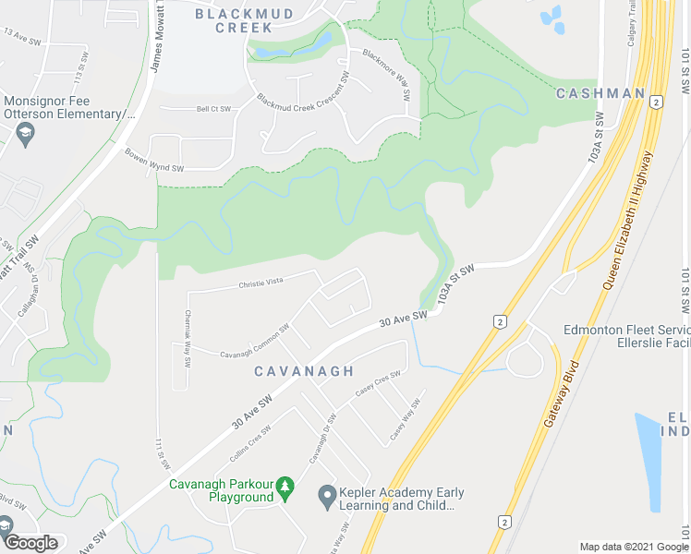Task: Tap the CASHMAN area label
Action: click(x=600, y=93)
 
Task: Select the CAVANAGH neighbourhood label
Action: click(x=304, y=371)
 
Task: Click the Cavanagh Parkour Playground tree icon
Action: click(x=285, y=485)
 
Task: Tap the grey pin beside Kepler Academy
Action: click(x=325, y=498)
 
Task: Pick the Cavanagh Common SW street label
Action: click(x=255, y=341)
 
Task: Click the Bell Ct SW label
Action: click(x=213, y=109)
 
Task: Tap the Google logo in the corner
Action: click(x=30, y=543)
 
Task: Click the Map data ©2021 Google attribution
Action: click(x=633, y=547)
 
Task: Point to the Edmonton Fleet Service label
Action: click(x=626, y=331)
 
